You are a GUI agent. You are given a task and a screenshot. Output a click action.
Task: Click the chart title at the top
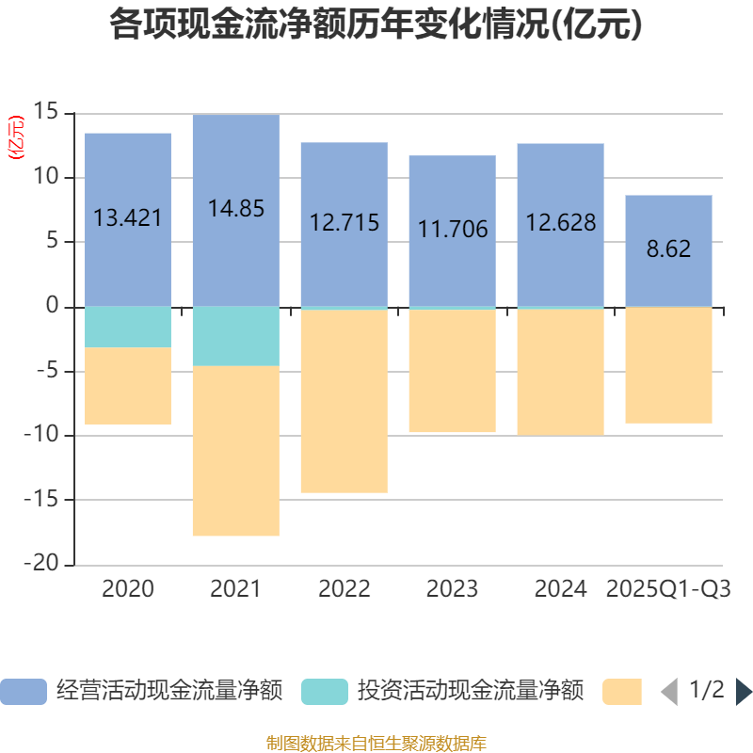click(x=376, y=24)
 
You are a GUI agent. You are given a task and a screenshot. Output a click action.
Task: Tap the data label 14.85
click(x=236, y=208)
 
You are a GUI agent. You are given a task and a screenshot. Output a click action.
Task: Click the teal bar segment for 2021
click(x=236, y=336)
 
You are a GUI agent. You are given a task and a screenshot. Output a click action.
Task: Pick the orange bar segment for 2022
click(x=344, y=401)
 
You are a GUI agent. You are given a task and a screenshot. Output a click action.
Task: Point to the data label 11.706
click(x=453, y=228)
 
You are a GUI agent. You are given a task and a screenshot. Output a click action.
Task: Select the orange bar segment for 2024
click(x=561, y=373)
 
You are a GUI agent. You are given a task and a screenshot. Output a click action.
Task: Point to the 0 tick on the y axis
click(x=53, y=307)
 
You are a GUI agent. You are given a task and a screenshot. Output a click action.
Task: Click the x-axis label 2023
click(x=453, y=589)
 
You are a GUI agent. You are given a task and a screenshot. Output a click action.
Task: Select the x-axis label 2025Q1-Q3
click(x=669, y=589)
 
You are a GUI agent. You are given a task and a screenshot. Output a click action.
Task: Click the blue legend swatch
click(x=24, y=692)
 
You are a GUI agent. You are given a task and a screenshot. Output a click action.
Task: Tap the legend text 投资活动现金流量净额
click(x=470, y=691)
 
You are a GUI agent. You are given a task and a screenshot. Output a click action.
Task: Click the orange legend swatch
click(x=622, y=692)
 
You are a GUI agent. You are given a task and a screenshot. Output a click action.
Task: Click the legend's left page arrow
click(x=669, y=692)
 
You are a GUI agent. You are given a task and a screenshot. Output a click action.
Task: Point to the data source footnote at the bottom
click(x=376, y=743)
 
